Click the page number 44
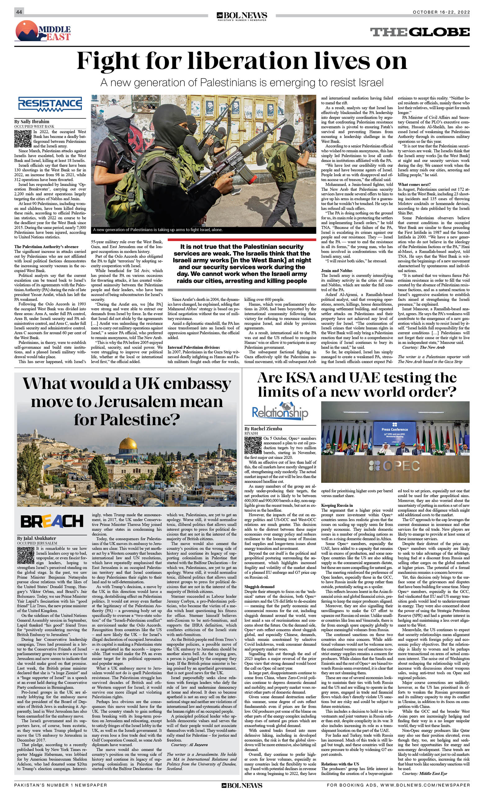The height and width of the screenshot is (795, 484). pos(19,12)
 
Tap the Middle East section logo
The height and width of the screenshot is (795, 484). pos(43,31)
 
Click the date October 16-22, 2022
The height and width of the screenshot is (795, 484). pos(441,12)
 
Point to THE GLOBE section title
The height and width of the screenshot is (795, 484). pos(419,32)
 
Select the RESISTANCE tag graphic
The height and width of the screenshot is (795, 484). pos(50,104)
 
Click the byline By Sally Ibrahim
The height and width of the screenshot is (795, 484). pos(32,122)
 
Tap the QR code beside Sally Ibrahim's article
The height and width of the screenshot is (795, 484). pos(23,139)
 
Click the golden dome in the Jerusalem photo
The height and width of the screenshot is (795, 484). pos(128,444)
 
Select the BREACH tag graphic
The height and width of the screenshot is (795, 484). pos(52,521)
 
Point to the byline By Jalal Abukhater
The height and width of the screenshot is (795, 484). pos(36,538)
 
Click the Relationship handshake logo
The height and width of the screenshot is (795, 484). pos(280,411)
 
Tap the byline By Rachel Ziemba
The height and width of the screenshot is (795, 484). pos(263,428)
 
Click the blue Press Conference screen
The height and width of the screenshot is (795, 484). pos(394,432)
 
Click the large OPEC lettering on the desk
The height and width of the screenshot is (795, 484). pos(394,466)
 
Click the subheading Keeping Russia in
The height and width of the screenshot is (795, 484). pos(337,505)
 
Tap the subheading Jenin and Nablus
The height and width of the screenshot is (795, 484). pos(337,271)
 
